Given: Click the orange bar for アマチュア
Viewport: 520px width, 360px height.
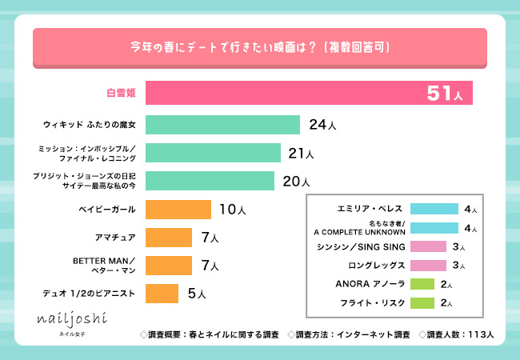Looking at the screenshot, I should click(170, 238).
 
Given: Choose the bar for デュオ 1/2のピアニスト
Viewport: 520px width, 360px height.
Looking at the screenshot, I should click(162, 294).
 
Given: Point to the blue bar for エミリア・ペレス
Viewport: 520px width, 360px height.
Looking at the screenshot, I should click(434, 209).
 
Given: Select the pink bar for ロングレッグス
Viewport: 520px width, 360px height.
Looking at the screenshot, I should click(428, 265).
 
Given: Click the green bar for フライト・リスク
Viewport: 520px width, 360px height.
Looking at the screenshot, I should click(422, 302).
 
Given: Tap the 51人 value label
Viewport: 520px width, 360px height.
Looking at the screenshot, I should click(445, 94).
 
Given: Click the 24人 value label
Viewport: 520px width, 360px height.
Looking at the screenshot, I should click(322, 125).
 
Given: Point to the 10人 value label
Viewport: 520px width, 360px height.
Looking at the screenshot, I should click(231, 210).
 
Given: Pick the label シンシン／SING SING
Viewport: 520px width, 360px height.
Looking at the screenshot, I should click(369, 246).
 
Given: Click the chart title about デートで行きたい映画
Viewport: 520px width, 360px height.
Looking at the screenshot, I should click(260, 47).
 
